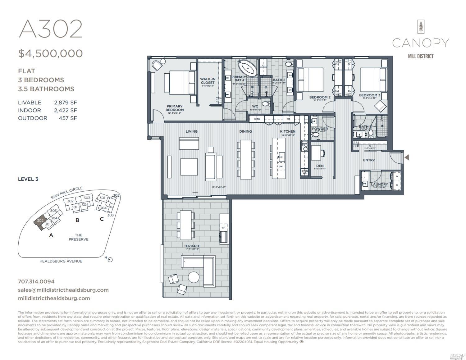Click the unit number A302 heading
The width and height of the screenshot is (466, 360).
pos(50,29)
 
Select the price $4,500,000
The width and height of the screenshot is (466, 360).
pos(50,53)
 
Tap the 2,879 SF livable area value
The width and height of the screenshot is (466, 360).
pos(65,103)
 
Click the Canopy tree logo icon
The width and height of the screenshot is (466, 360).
pos(421,27)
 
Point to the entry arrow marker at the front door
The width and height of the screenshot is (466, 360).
pos(406,157)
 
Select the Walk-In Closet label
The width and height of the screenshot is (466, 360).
pos(208,81)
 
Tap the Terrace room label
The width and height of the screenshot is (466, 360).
pos(192,246)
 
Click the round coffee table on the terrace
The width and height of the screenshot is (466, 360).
pos(194,277)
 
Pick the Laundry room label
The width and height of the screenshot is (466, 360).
pos(379,184)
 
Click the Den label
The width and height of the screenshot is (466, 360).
pos(320,166)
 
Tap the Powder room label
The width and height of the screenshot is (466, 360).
pos(320,129)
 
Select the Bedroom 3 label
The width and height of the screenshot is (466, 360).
pos(369,95)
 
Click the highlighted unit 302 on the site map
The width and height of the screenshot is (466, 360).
pos(40,221)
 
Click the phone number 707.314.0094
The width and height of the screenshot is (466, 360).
pos(36,281)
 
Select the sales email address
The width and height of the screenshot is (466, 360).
pos(63,290)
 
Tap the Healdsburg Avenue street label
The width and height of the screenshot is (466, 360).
pos(61,261)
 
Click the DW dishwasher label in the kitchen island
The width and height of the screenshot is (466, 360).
pos(281,167)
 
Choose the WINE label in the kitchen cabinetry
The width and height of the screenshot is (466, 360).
pos(257,119)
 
